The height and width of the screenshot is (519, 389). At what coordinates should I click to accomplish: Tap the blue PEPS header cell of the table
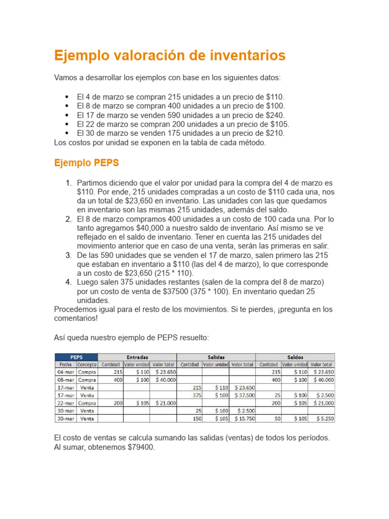click(x=76, y=357)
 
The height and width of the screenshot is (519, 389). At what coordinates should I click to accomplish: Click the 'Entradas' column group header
click(x=137, y=357)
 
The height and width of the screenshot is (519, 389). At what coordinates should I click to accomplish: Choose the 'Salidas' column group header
click(x=216, y=357)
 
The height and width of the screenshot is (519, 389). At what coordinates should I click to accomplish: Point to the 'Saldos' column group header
click(x=295, y=357)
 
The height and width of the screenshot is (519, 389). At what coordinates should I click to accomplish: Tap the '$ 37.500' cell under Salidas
click(x=242, y=395)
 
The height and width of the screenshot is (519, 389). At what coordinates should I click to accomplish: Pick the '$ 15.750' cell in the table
click(x=242, y=419)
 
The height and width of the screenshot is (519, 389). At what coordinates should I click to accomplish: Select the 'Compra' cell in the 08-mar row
click(x=87, y=379)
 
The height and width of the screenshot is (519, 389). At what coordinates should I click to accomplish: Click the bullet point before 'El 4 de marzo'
click(x=67, y=97)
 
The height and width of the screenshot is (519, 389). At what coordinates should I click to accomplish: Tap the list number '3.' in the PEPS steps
click(x=68, y=255)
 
